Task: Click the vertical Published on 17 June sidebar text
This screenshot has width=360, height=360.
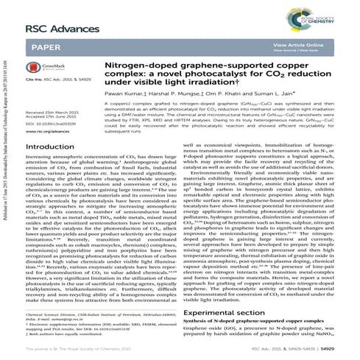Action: pyautogui.click(x=7, y=169)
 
